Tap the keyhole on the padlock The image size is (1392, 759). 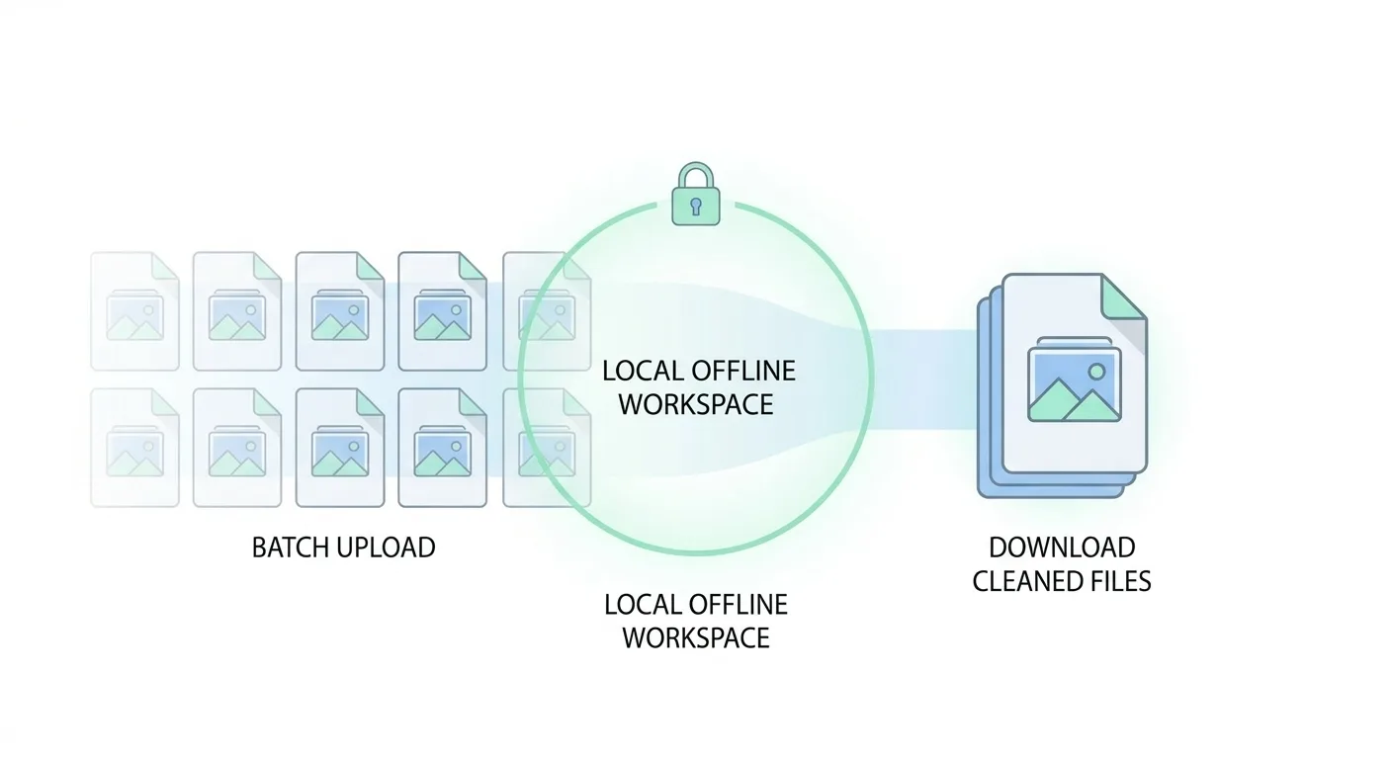pyautogui.click(x=696, y=207)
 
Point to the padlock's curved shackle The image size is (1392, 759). pyautogui.click(x=696, y=177)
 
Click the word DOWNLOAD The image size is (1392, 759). pyautogui.click(x=1062, y=548)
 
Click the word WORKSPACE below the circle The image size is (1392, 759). pyautogui.click(x=696, y=637)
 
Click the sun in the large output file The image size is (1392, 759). pyautogui.click(x=1095, y=372)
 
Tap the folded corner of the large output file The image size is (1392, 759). pyautogui.click(x=1122, y=296)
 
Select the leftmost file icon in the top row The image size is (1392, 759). pyautogui.click(x=134, y=311)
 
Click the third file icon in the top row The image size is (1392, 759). pyautogui.click(x=340, y=311)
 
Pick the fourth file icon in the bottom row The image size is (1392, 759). pyautogui.click(x=442, y=448)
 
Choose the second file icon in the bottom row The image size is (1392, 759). pyautogui.click(x=237, y=448)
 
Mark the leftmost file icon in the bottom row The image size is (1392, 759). pyautogui.click(x=134, y=448)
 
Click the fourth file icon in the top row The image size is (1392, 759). pyautogui.click(x=442, y=311)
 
